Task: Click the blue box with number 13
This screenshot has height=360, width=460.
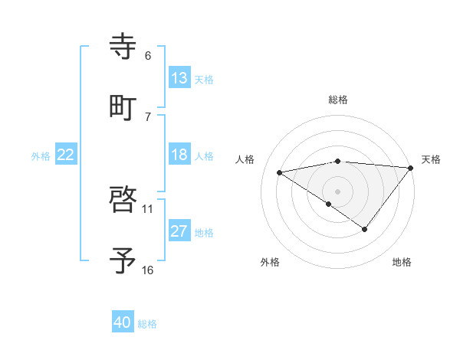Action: click(179, 78)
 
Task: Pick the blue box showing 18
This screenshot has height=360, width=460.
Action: click(179, 155)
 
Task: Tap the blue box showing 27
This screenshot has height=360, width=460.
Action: click(179, 231)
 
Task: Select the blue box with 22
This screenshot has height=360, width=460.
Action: click(66, 155)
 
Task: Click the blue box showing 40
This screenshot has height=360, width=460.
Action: click(123, 322)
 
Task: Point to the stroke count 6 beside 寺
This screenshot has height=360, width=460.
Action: click(148, 56)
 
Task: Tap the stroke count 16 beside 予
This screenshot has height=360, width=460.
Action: click(148, 270)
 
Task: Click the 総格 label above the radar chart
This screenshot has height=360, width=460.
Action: click(338, 100)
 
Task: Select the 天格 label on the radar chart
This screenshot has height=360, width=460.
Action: click(431, 159)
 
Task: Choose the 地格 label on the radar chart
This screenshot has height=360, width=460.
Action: click(402, 262)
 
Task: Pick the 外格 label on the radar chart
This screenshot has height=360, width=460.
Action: click(270, 262)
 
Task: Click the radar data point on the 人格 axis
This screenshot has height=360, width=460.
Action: click(280, 172)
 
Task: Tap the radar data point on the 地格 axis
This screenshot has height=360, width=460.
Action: click(365, 229)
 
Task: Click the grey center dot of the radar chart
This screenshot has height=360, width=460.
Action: click(338, 191)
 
